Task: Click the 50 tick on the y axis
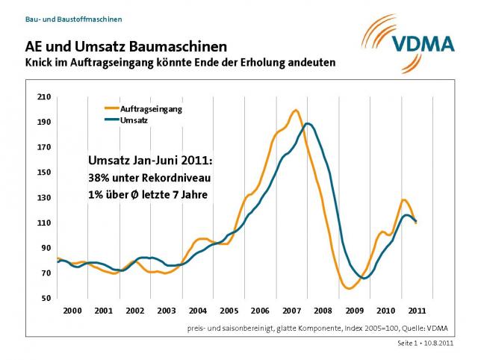click(46, 299)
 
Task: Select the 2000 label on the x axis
click(72, 310)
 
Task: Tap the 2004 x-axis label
click(197, 310)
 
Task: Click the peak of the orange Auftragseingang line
click(296, 111)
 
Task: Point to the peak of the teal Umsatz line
click(308, 124)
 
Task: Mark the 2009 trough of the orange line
click(349, 288)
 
